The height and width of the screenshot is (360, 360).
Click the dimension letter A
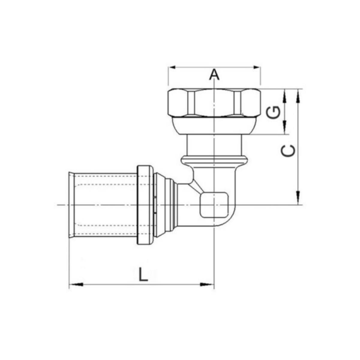pyautogui.click(x=214, y=74)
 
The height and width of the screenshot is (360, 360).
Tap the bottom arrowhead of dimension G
pyautogui.click(x=285, y=127)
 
